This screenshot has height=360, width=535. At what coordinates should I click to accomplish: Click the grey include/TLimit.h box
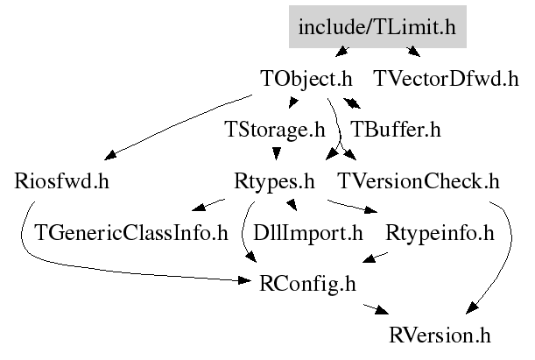click(x=377, y=27)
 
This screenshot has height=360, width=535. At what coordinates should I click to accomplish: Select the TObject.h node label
click(x=313, y=79)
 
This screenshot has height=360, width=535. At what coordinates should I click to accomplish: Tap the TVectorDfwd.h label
click(x=446, y=79)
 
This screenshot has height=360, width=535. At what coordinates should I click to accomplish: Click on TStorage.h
click(x=275, y=131)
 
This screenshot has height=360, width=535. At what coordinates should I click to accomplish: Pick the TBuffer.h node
click(x=395, y=131)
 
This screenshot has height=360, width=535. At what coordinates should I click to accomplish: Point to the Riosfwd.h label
click(x=62, y=182)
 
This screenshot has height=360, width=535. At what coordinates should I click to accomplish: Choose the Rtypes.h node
click(x=274, y=182)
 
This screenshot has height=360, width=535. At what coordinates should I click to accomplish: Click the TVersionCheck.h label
click(x=418, y=182)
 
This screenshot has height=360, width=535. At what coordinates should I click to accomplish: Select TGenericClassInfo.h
click(x=130, y=234)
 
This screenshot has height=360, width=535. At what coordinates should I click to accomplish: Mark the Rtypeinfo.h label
click(x=440, y=234)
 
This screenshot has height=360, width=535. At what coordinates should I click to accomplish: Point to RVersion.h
click(x=440, y=336)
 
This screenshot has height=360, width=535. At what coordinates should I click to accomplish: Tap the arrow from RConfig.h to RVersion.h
click(x=372, y=309)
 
